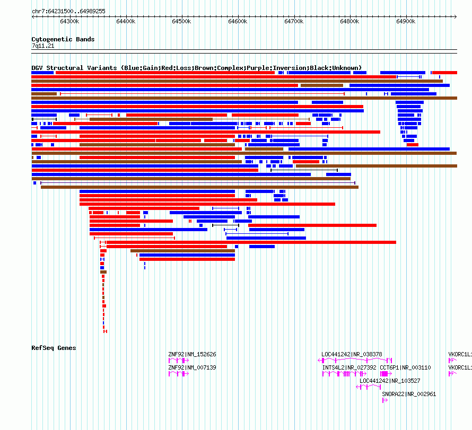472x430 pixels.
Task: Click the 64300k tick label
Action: (x=69, y=22)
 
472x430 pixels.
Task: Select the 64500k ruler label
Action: (x=181, y=22)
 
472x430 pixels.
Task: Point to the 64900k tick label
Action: (x=406, y=22)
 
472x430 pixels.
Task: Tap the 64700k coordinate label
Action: (x=294, y=22)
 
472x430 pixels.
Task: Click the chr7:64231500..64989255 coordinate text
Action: (x=68, y=11)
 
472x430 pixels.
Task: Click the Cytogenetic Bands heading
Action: (x=63, y=39)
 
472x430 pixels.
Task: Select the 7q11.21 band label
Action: (x=43, y=46)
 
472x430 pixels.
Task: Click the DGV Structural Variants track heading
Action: (x=196, y=68)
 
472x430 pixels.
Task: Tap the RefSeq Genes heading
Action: (x=54, y=348)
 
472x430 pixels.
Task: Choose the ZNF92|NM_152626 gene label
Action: (x=192, y=354)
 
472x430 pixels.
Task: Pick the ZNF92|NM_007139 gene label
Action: (x=192, y=367)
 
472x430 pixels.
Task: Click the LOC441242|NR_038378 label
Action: (x=352, y=354)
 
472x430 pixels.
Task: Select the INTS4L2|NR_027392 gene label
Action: (x=349, y=367)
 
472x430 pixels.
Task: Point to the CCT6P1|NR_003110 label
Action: (x=405, y=367)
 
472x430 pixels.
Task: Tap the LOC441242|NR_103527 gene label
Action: (x=390, y=381)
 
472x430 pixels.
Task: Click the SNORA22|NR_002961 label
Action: (x=409, y=394)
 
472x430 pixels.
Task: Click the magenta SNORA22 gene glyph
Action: (x=385, y=400)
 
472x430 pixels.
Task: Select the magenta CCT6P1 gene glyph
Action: (x=384, y=374)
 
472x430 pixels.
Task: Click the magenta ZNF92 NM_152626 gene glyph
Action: (x=179, y=361)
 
